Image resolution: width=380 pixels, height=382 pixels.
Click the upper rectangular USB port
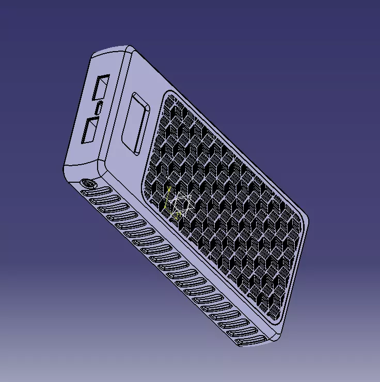[101, 87]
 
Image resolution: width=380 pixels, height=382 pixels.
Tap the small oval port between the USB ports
[98, 108]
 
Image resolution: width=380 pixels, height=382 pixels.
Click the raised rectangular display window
[136, 123]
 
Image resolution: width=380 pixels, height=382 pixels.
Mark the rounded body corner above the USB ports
[128, 50]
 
